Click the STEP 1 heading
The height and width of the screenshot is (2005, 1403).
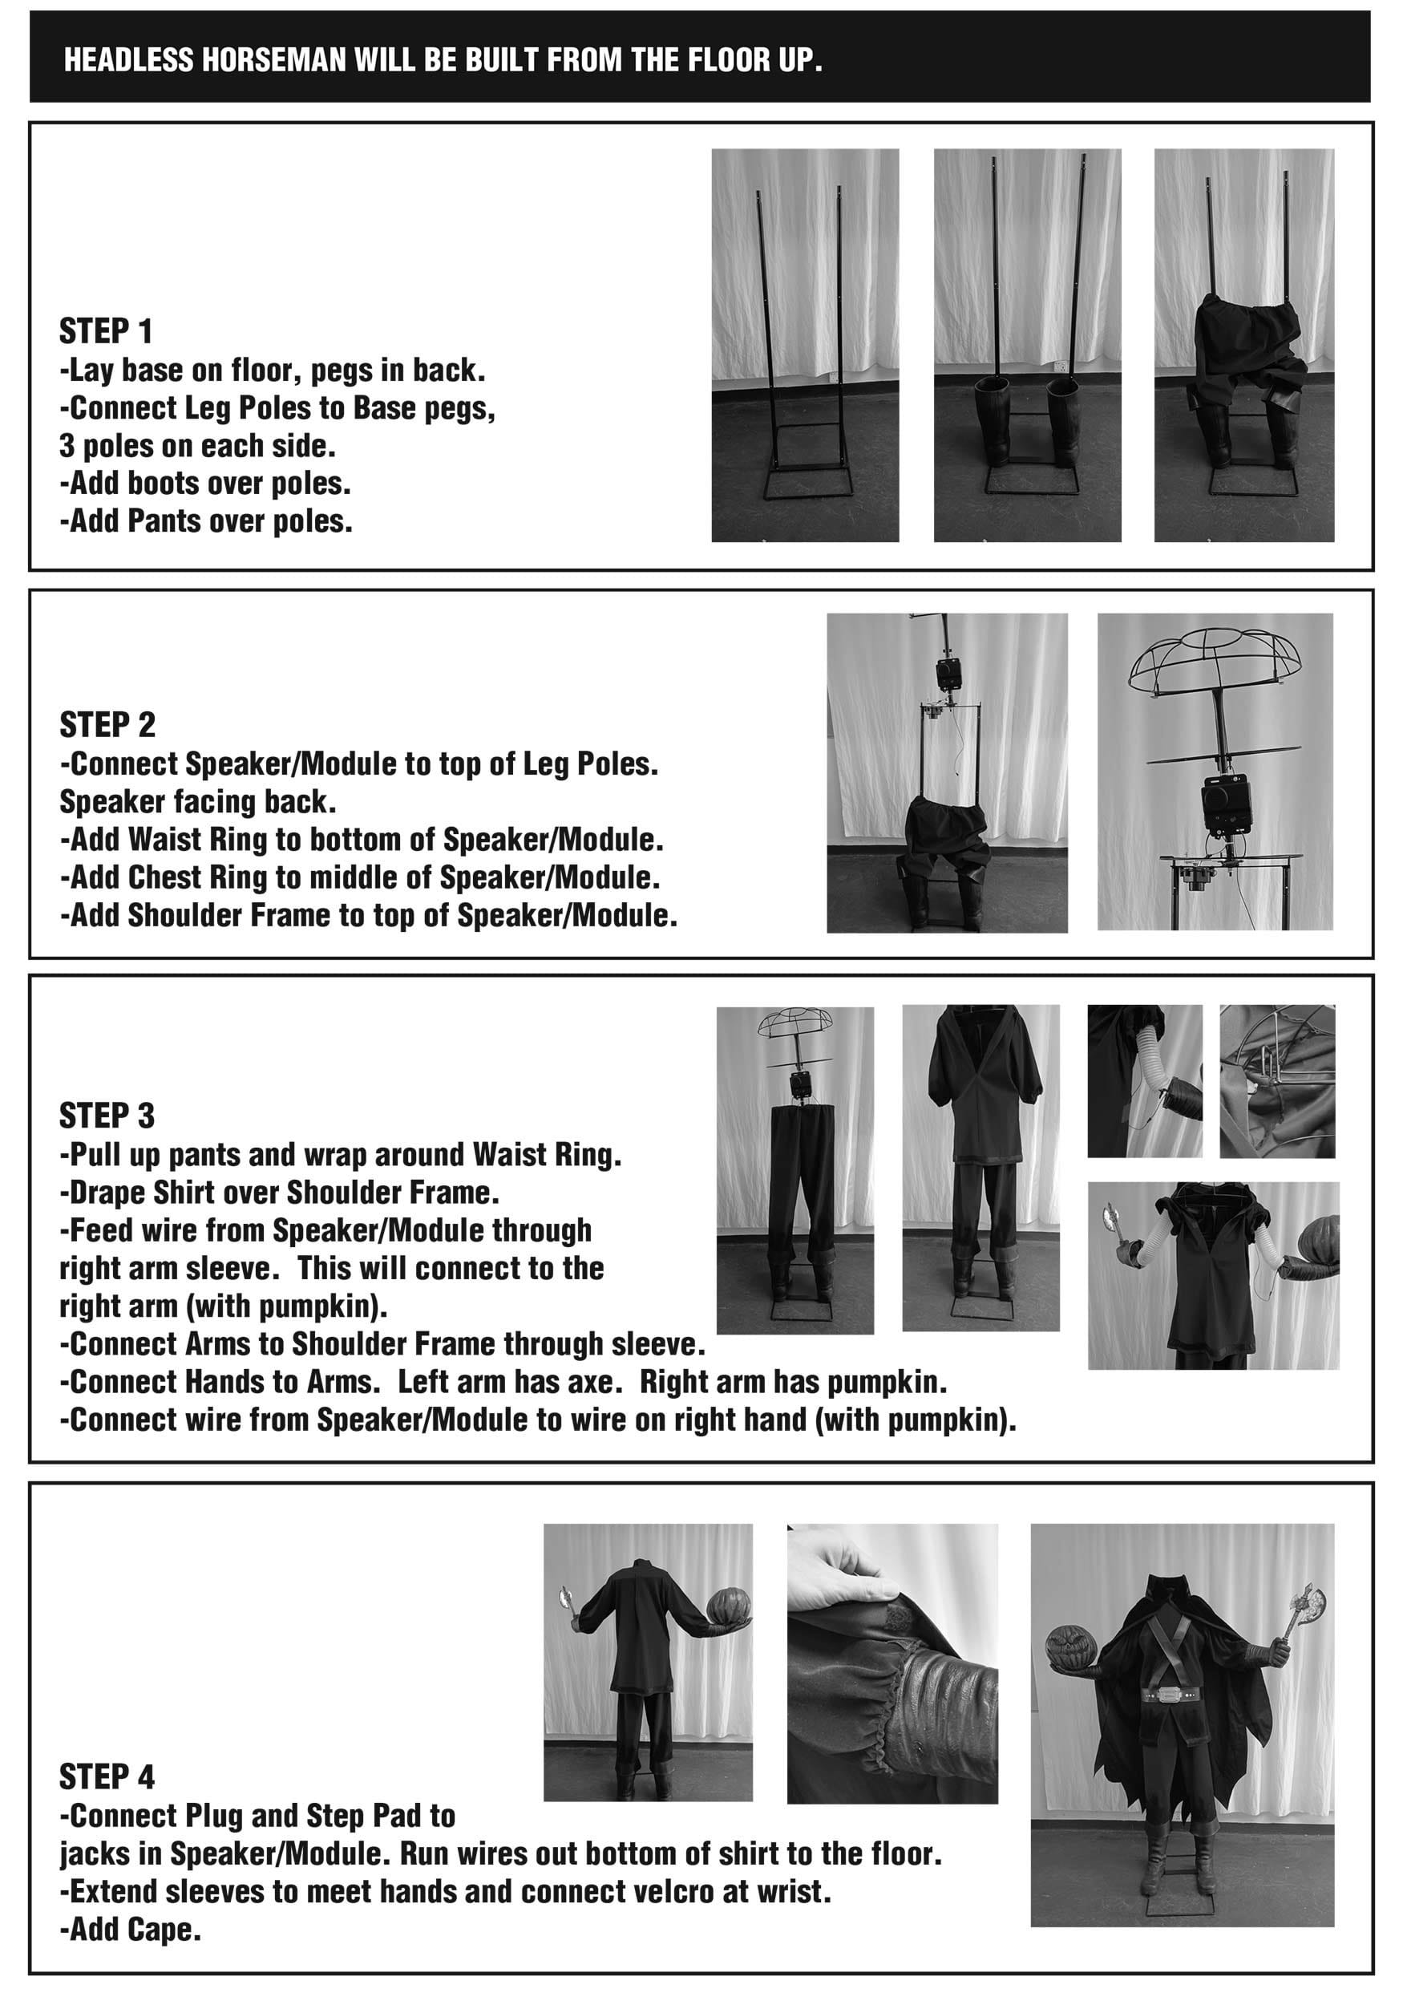coord(106,332)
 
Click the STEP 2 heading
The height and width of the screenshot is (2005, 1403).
coord(107,725)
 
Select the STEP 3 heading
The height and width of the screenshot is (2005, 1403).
coord(107,1116)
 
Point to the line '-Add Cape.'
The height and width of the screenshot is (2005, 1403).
coord(131,1929)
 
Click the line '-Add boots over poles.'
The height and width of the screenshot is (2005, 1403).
coord(205,483)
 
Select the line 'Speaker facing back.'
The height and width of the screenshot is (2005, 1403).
coord(197,802)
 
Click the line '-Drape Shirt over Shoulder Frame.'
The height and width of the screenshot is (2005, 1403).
coord(278,1192)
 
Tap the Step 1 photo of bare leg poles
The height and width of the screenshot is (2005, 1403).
coord(804,345)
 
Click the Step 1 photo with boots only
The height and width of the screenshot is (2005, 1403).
coord(1027,345)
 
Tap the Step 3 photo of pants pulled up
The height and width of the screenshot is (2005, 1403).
coord(794,1170)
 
